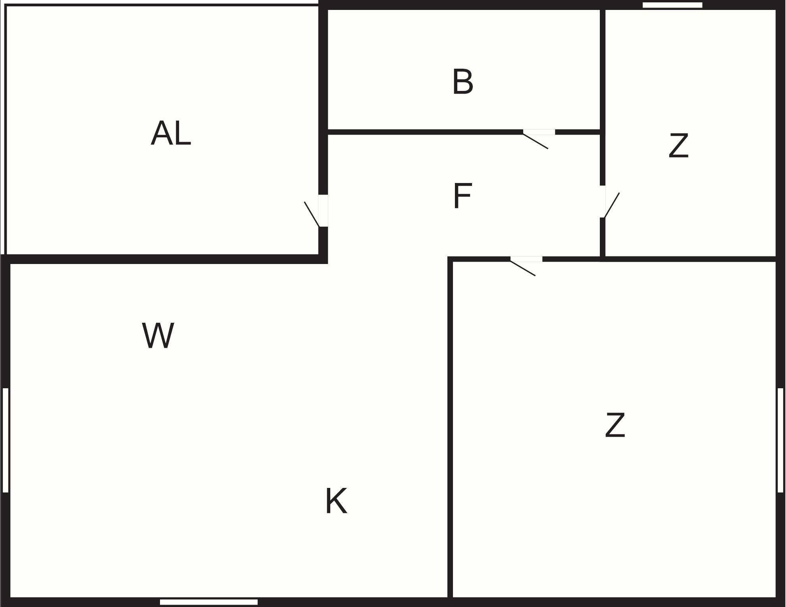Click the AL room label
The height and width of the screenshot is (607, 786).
[x=171, y=133]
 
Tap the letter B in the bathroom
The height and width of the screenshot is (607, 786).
[x=463, y=82]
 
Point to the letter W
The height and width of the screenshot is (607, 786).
[x=158, y=335]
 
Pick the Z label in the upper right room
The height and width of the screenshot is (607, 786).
[x=678, y=146]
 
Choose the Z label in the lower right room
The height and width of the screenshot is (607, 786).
[x=615, y=425]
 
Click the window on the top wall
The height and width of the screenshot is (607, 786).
[x=672, y=5]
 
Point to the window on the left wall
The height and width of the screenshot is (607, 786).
[x=6, y=440]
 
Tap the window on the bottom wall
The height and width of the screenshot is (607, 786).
[x=209, y=602]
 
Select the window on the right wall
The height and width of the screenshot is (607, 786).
[x=780, y=440]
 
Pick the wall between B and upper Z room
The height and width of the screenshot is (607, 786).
[x=602, y=69]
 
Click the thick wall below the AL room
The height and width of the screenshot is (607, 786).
[x=164, y=259]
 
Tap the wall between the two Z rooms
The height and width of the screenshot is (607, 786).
[x=689, y=259]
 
